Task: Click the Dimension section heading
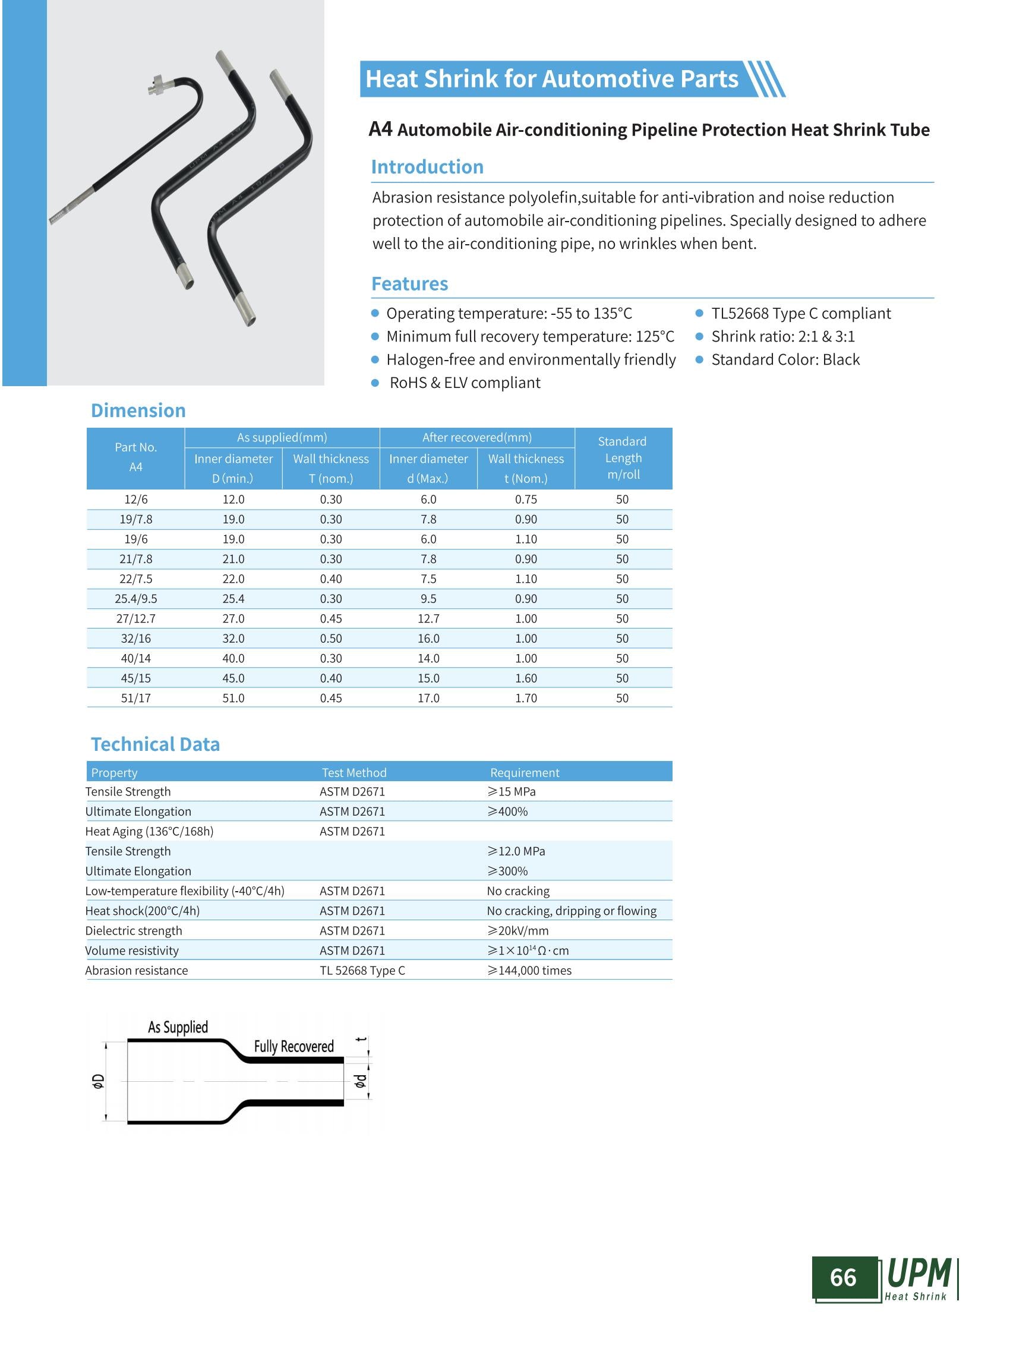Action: pos(138,410)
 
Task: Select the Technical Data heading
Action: pos(155,744)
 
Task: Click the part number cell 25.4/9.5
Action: pos(135,599)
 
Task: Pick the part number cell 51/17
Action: pos(135,697)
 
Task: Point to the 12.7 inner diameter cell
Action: pos(428,618)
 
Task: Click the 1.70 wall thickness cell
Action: pos(526,697)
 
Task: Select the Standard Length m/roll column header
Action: pos(623,458)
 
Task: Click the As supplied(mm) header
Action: pos(282,437)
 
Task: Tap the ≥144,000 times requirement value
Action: pos(529,970)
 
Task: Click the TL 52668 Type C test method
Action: pos(362,970)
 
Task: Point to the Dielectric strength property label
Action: pos(133,930)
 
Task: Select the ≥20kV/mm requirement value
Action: pos(518,930)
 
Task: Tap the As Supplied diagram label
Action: pos(178,1027)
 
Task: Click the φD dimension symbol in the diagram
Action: pos(98,1081)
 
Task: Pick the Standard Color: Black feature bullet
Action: pos(785,359)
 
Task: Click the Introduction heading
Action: pos(427,167)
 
